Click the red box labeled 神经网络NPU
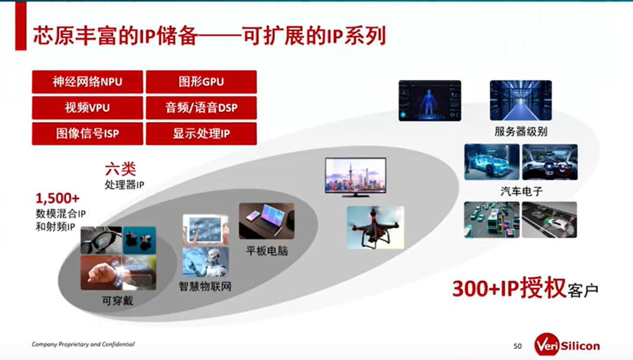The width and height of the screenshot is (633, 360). (87, 82)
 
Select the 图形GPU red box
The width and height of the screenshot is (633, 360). (201, 82)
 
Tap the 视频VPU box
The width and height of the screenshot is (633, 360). (87, 108)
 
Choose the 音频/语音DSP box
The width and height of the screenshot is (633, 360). (201, 108)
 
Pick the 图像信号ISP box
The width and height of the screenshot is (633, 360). (87, 134)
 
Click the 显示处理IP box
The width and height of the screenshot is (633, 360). (201, 134)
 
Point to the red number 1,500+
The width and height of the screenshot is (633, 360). (57, 198)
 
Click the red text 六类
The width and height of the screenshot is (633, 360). (121, 168)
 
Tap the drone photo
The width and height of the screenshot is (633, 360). (375, 227)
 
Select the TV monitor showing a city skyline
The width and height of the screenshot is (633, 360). (356, 177)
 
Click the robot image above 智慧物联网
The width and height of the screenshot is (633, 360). (206, 262)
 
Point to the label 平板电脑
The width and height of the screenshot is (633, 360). (267, 251)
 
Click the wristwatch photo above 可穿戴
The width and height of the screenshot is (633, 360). (118, 273)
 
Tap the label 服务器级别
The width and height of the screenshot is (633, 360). (521, 132)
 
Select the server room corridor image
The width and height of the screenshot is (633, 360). (521, 100)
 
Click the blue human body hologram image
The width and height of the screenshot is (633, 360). (430, 100)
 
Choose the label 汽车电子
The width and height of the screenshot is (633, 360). (521, 191)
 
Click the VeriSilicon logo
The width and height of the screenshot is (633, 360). (567, 345)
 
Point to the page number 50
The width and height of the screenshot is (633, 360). (518, 346)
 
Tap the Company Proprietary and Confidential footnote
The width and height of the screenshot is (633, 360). (83, 344)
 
